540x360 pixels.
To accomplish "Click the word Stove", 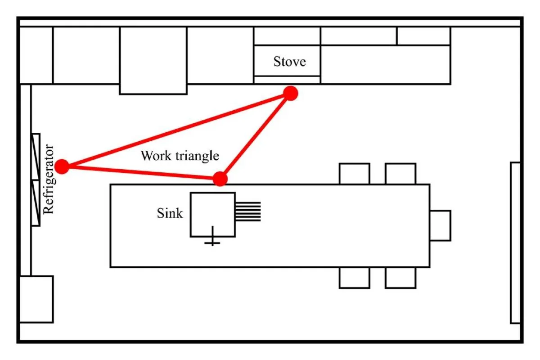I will (289, 61).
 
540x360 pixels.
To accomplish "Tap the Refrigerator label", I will (49, 179).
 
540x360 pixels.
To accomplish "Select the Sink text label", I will (170, 213).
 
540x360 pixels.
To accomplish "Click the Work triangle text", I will (180, 156).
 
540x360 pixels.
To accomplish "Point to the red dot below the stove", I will (291, 93).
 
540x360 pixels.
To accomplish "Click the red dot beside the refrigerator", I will (63, 166).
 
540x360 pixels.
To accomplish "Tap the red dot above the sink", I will (220, 179).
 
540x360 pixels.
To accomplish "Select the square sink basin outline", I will (212, 214).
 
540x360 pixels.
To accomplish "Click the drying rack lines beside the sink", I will (248, 211).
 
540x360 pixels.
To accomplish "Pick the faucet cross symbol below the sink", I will (212, 242).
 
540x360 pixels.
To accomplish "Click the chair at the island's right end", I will (440, 225).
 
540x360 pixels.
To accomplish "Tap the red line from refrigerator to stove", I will (175, 130).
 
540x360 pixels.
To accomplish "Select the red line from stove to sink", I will (255, 136).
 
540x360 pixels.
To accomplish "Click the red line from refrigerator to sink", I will (141, 172).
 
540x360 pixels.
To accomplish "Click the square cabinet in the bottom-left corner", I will (36, 299).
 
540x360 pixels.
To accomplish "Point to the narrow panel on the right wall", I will (515, 243).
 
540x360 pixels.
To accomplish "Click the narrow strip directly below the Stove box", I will (287, 80).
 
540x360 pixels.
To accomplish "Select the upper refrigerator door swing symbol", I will (36, 157).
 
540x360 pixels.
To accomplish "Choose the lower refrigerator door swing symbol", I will (36, 203).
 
